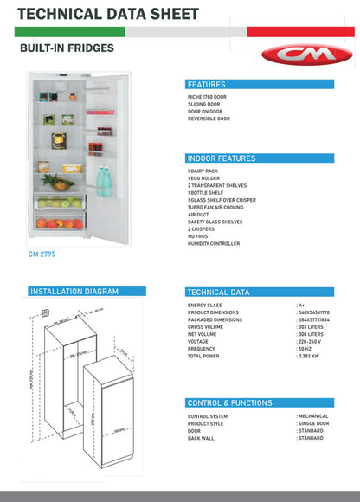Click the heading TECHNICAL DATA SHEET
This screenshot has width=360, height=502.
coord(108,14)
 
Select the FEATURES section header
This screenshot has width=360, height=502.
coord(206,85)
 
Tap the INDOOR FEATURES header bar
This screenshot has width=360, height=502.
coord(222,159)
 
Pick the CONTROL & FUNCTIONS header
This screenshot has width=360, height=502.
coord(229,403)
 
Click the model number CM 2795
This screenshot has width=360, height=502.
coord(42,254)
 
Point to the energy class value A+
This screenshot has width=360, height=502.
coord(301,306)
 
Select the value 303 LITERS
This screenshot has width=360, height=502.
coord(311,327)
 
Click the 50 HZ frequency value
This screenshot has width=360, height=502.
coord(305,349)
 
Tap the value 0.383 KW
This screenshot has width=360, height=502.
coord(309,356)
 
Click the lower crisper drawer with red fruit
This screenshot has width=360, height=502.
coord(59,223)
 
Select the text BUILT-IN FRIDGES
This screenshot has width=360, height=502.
coord(66,48)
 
